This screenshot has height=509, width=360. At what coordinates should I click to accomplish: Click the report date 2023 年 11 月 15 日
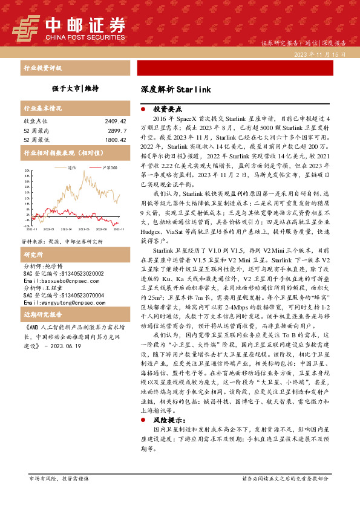coord(319,54)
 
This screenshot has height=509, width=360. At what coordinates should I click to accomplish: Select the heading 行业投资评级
coord(42,68)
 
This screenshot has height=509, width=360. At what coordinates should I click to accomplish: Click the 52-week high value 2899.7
coord(117,130)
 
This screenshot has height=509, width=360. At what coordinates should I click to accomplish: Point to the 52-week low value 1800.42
coord(115,139)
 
